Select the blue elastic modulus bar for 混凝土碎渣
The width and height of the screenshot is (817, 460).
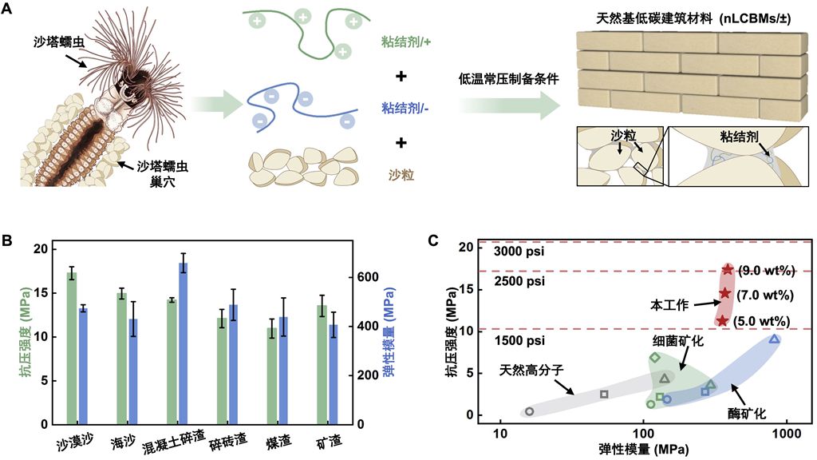click(x=183, y=343)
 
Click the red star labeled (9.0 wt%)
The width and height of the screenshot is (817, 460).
click(x=728, y=270)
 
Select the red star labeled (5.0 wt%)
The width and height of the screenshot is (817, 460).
click(x=722, y=321)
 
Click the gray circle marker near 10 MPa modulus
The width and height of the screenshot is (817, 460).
click(x=530, y=411)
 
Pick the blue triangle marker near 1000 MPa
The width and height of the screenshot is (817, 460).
click(x=774, y=339)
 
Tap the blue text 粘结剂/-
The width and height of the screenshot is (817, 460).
click(x=405, y=108)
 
